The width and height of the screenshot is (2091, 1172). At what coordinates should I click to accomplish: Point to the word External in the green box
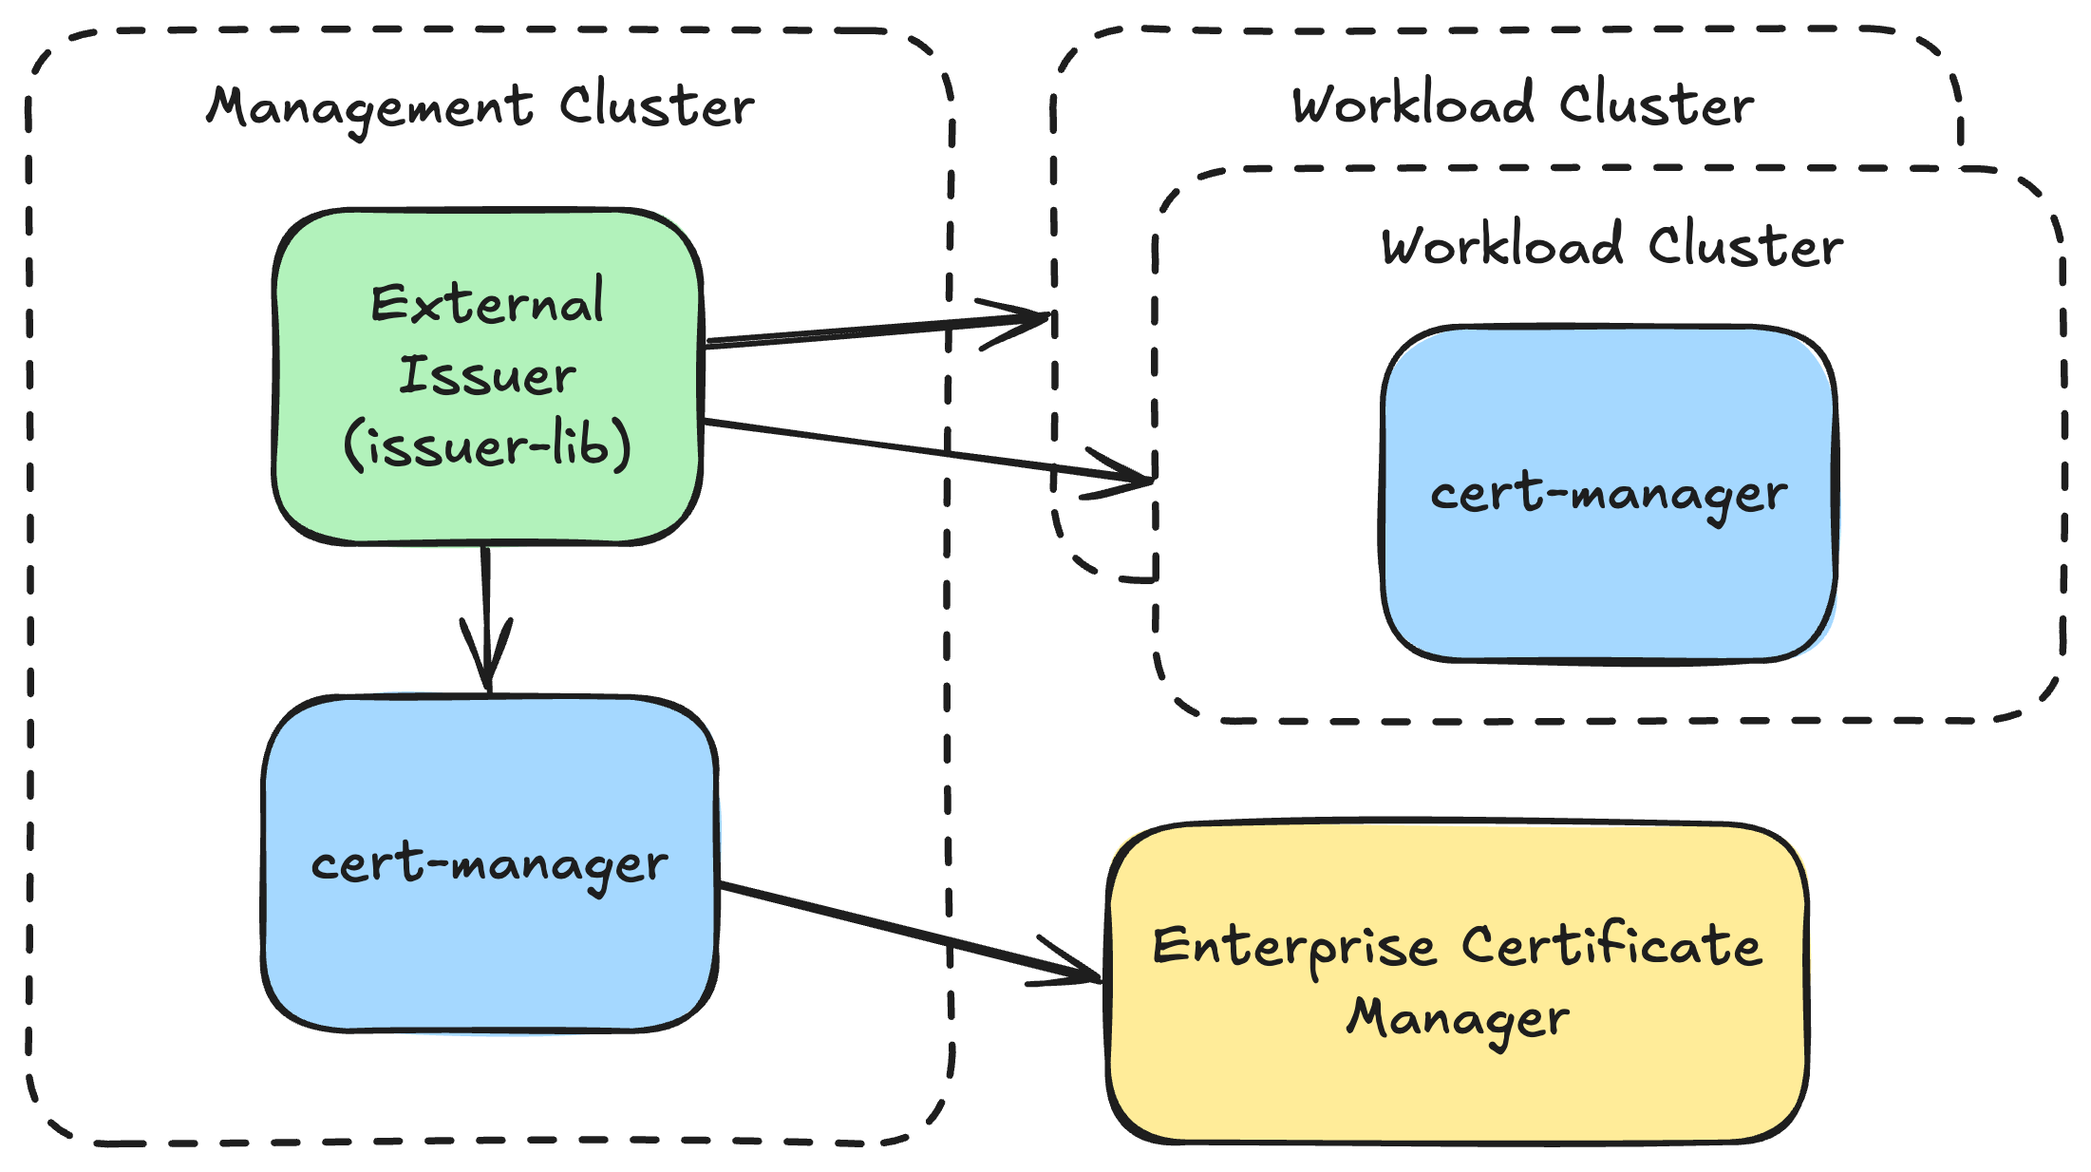click(x=487, y=303)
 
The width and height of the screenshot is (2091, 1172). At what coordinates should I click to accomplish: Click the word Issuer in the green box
click(x=487, y=374)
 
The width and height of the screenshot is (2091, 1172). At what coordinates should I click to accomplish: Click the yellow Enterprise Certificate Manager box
click(x=1458, y=1083)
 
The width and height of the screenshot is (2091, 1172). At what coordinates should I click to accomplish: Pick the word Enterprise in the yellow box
click(x=1294, y=947)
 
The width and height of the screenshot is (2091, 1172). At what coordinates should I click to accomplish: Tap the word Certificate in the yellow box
click(x=1611, y=945)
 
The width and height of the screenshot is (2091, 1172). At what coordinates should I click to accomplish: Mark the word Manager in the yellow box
click(x=1458, y=1018)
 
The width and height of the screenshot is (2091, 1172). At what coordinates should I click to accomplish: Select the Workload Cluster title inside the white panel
click(x=1611, y=246)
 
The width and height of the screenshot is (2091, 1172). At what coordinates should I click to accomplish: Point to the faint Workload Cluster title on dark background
click(x=1523, y=104)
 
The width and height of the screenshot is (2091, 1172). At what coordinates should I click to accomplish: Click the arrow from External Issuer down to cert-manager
click(x=486, y=598)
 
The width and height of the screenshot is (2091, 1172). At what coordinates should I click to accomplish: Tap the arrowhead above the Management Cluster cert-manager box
click(x=487, y=665)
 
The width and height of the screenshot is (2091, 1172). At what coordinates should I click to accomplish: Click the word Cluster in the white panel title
click(x=1745, y=246)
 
